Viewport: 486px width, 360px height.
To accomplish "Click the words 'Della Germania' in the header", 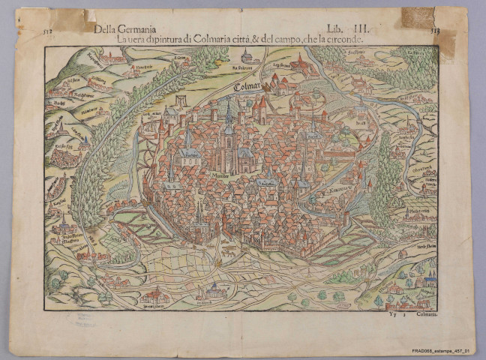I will pyautogui.click(x=121, y=28).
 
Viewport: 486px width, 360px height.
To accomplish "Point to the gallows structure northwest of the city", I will pyautogui.click(x=180, y=101).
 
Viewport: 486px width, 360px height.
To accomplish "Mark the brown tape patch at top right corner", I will pyautogui.click(x=418, y=17).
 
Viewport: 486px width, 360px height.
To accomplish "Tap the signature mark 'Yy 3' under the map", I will pyautogui.click(x=392, y=317).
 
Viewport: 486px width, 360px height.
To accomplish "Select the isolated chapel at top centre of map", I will pyautogui.click(x=247, y=55).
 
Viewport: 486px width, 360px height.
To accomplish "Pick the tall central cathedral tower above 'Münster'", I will pyautogui.click(x=229, y=124).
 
